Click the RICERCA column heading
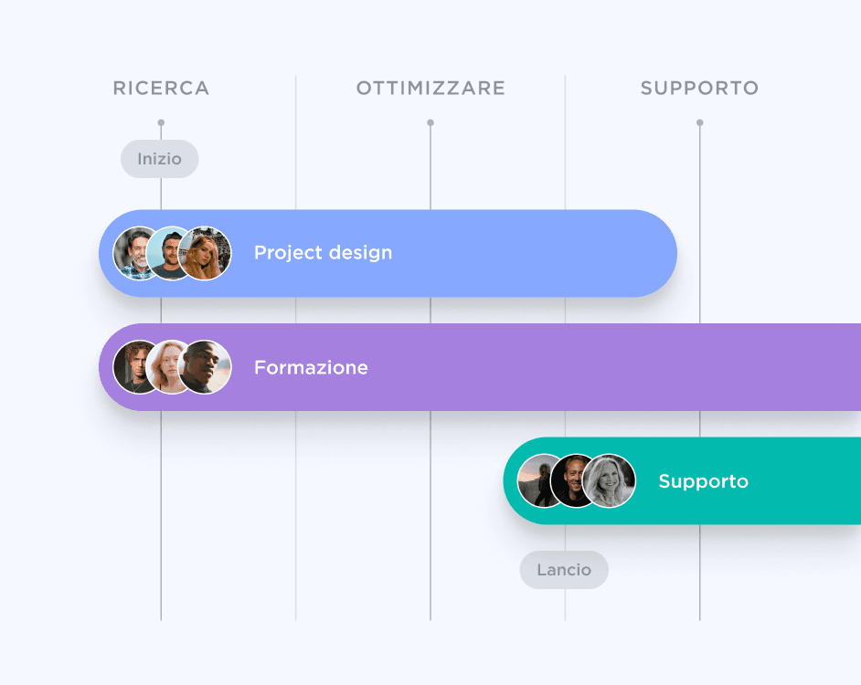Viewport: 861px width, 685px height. pos(161,89)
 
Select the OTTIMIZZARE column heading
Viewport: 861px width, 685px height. pos(430,89)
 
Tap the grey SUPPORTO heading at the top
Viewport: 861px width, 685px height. pos(699,89)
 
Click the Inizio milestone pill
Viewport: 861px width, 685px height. pos(160,159)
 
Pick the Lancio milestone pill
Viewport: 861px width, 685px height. pos(564,570)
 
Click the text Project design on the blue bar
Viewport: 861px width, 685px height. pos(323,253)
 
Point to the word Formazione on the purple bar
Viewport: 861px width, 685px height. pos(311,367)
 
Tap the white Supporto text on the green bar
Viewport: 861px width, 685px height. pos(703,481)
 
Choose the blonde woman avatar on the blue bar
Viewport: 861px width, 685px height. pos(205,253)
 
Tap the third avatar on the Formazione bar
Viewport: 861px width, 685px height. pos(205,367)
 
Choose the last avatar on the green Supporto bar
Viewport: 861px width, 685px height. pos(610,480)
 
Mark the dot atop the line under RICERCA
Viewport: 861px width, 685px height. pos(161,122)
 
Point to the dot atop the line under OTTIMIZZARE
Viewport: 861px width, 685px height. pos(430,122)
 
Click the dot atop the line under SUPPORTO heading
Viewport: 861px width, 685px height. pos(700,122)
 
